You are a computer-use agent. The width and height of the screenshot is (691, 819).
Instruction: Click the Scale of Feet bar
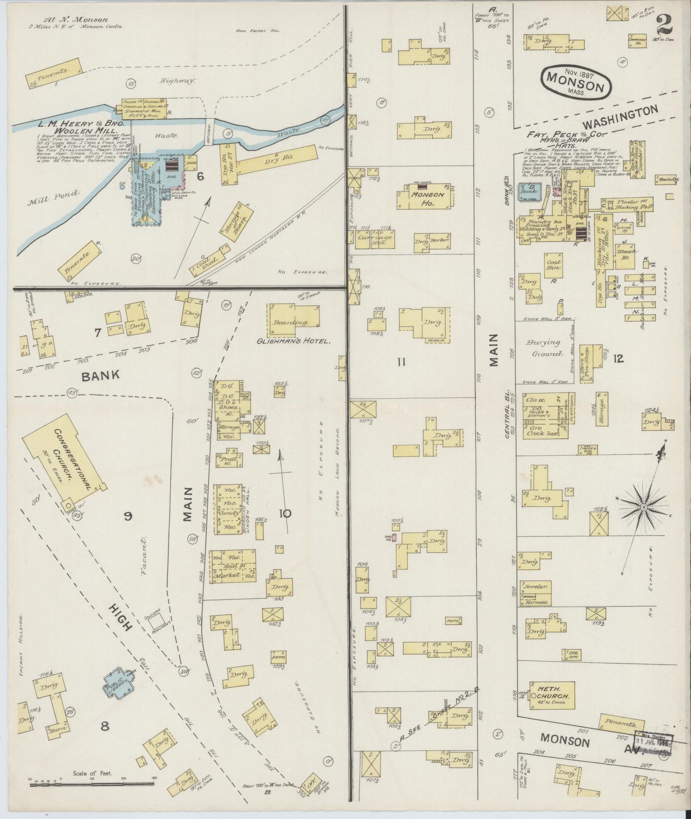click(x=91, y=784)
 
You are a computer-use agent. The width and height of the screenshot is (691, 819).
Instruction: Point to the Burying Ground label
click(x=544, y=348)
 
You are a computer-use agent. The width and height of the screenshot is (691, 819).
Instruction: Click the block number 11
click(x=401, y=362)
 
